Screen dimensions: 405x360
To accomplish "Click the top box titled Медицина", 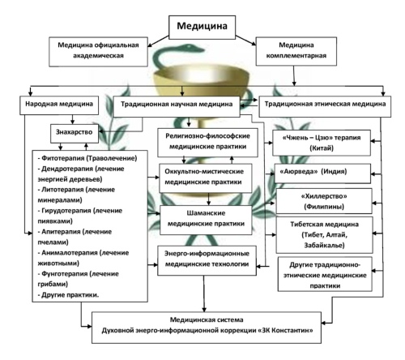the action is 202,27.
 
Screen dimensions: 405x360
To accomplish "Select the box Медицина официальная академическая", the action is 98,52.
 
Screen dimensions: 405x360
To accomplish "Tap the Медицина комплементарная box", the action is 296,51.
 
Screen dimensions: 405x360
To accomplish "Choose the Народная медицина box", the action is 59,105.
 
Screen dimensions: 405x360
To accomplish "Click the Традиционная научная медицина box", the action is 177,106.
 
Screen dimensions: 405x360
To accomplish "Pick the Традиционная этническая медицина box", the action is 325,106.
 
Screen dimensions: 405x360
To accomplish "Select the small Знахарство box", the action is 75,133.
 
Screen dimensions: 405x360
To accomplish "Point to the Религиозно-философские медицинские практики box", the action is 207,143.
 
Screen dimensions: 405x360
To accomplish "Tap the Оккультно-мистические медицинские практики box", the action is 206,178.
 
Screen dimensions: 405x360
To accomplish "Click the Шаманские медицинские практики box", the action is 206,220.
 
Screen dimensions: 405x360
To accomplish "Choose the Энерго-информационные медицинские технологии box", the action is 207,260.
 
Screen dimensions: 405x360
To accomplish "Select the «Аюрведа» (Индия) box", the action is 322,174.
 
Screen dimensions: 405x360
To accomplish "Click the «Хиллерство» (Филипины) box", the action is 324,201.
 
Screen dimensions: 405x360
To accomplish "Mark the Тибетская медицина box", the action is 324,234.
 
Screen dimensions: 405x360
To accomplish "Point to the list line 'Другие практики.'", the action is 68,295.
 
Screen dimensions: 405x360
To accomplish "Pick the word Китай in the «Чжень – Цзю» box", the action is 322,148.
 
